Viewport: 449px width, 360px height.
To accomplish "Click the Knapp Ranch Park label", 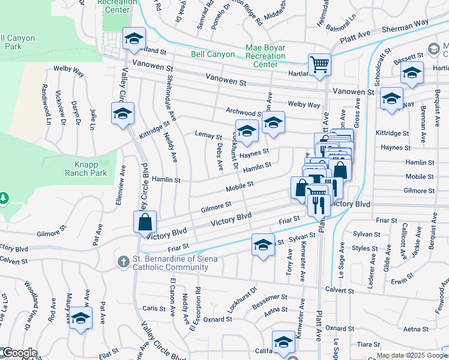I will (86, 168).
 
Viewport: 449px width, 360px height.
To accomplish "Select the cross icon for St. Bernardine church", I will (122, 262).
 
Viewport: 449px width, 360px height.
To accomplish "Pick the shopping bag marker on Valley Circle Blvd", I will (145, 222).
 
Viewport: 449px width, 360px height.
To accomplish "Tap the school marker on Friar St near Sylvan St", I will (262, 245).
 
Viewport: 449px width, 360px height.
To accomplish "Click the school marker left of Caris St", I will (80, 318).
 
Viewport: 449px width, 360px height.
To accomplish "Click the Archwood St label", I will (243, 112).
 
